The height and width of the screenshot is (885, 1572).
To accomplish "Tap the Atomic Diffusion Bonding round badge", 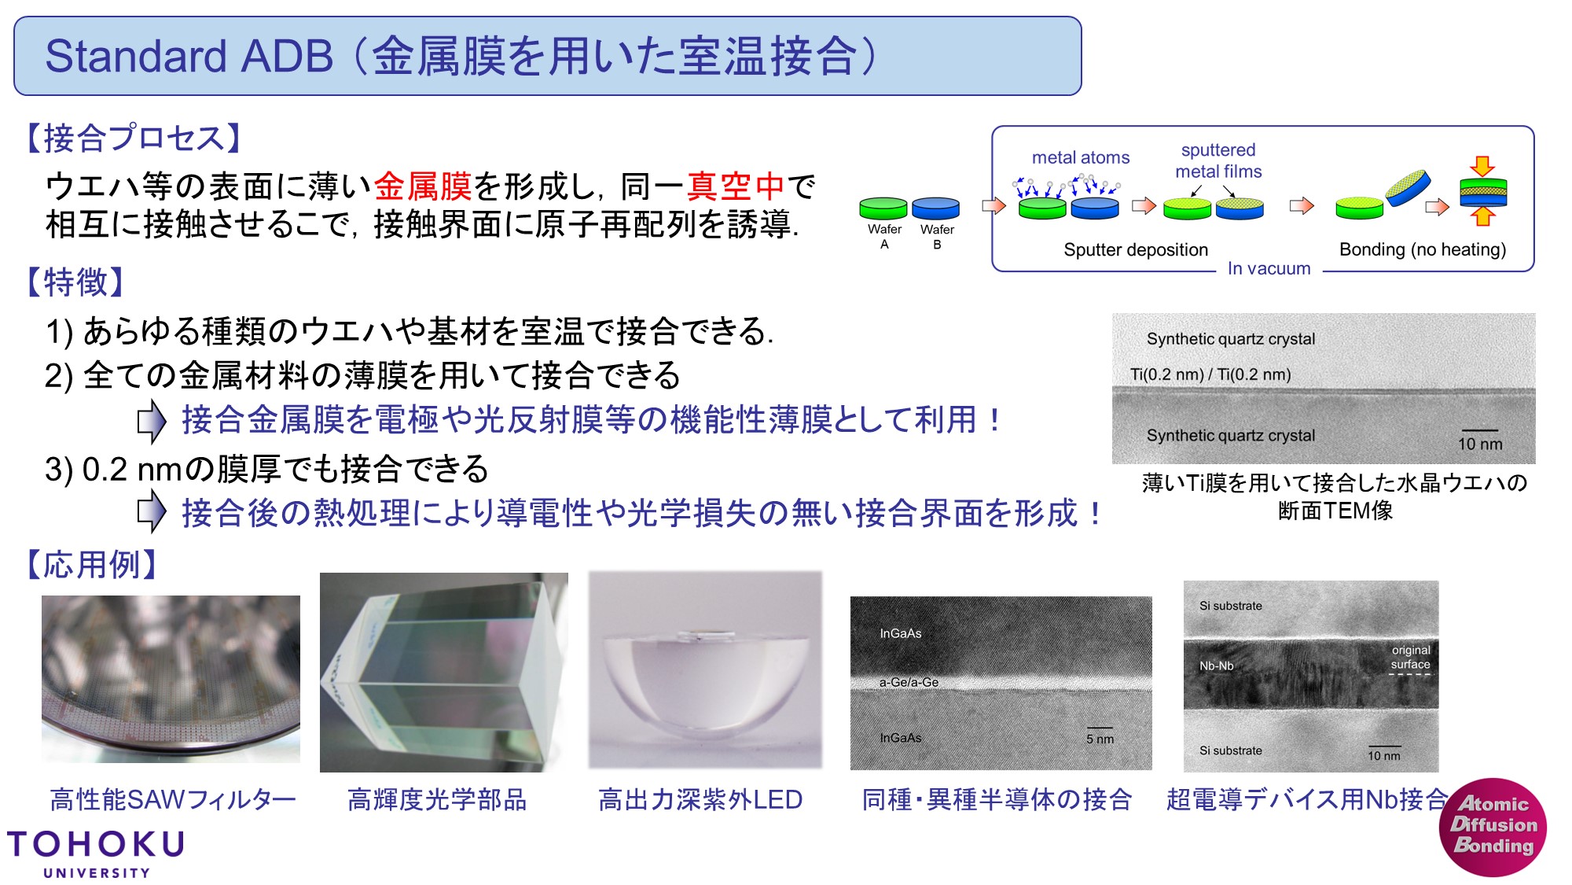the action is pyautogui.click(x=1493, y=827).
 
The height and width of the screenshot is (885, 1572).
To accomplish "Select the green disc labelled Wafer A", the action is pyautogui.click(x=883, y=208).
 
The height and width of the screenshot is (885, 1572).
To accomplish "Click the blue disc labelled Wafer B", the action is pyautogui.click(x=935, y=208).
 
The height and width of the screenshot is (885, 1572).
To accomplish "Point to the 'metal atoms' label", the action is pyautogui.click(x=1081, y=157).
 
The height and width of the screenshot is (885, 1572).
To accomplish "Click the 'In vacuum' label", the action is pyautogui.click(x=1269, y=268).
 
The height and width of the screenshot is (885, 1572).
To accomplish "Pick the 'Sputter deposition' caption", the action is pyautogui.click(x=1136, y=249).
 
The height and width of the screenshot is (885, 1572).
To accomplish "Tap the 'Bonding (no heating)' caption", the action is pyautogui.click(x=1423, y=249).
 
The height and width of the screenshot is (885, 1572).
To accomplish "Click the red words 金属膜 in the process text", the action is pyautogui.click(x=422, y=186).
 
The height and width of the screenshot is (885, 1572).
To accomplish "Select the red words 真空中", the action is pyautogui.click(x=736, y=186).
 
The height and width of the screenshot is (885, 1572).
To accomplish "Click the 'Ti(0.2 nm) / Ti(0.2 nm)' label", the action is pyautogui.click(x=1210, y=374).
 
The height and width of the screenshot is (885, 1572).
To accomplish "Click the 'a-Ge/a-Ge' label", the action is pyautogui.click(x=909, y=682).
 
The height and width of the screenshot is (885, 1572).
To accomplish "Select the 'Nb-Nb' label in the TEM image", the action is pyautogui.click(x=1216, y=666).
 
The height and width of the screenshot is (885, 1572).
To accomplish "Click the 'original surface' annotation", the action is pyautogui.click(x=1411, y=658).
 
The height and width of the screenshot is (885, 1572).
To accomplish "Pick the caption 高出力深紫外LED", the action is pyautogui.click(x=700, y=799).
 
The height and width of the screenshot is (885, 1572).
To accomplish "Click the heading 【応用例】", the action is pyautogui.click(x=91, y=564).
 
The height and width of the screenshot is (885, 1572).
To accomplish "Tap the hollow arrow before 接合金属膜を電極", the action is pyautogui.click(x=152, y=421).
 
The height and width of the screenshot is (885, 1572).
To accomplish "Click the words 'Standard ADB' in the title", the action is pyautogui.click(x=189, y=57).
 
